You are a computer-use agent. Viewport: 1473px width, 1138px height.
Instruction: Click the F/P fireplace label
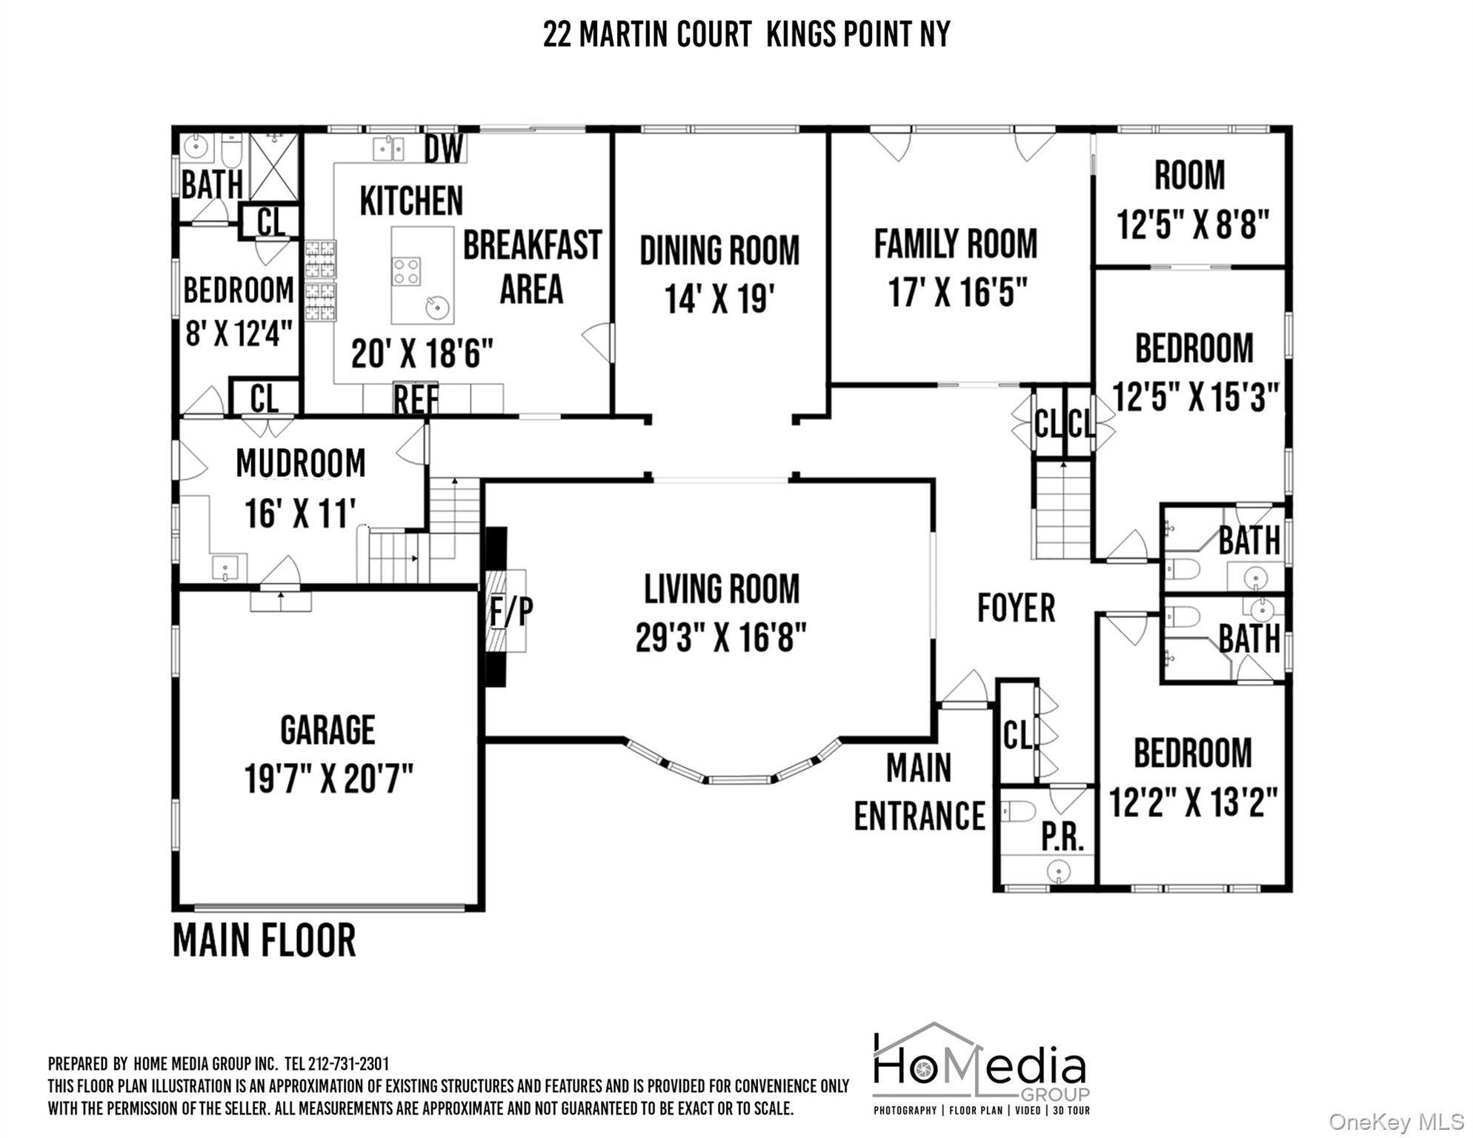click(x=511, y=611)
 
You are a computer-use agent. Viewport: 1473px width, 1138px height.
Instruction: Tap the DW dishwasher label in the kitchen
click(x=444, y=148)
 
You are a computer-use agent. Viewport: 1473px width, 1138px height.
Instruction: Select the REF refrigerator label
click(x=416, y=399)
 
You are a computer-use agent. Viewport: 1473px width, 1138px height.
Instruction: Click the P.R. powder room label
click(x=1063, y=836)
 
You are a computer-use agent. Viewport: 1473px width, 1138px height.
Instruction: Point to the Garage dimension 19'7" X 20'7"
click(x=328, y=779)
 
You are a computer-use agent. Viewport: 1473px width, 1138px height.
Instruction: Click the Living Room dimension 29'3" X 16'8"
click(x=721, y=636)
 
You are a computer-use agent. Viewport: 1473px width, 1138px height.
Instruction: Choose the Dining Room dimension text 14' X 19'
click(x=719, y=299)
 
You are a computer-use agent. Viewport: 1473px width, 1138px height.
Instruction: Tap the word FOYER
click(x=1016, y=608)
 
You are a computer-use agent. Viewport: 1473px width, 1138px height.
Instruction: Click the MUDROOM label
click(x=301, y=464)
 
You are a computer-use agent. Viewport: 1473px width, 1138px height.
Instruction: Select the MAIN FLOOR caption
click(x=265, y=940)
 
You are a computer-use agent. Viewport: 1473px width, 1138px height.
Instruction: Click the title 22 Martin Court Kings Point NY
click(x=746, y=34)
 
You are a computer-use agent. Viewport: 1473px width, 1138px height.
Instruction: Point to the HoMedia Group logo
click(x=981, y=1070)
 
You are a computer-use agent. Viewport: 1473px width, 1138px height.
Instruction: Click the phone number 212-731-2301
click(x=348, y=1064)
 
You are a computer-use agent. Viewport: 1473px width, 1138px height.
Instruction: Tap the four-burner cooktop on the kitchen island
click(x=406, y=271)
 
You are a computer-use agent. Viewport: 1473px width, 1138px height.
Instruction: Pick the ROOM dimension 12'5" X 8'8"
click(x=1193, y=224)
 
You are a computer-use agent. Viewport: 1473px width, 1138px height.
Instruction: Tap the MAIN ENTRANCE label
click(x=920, y=792)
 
